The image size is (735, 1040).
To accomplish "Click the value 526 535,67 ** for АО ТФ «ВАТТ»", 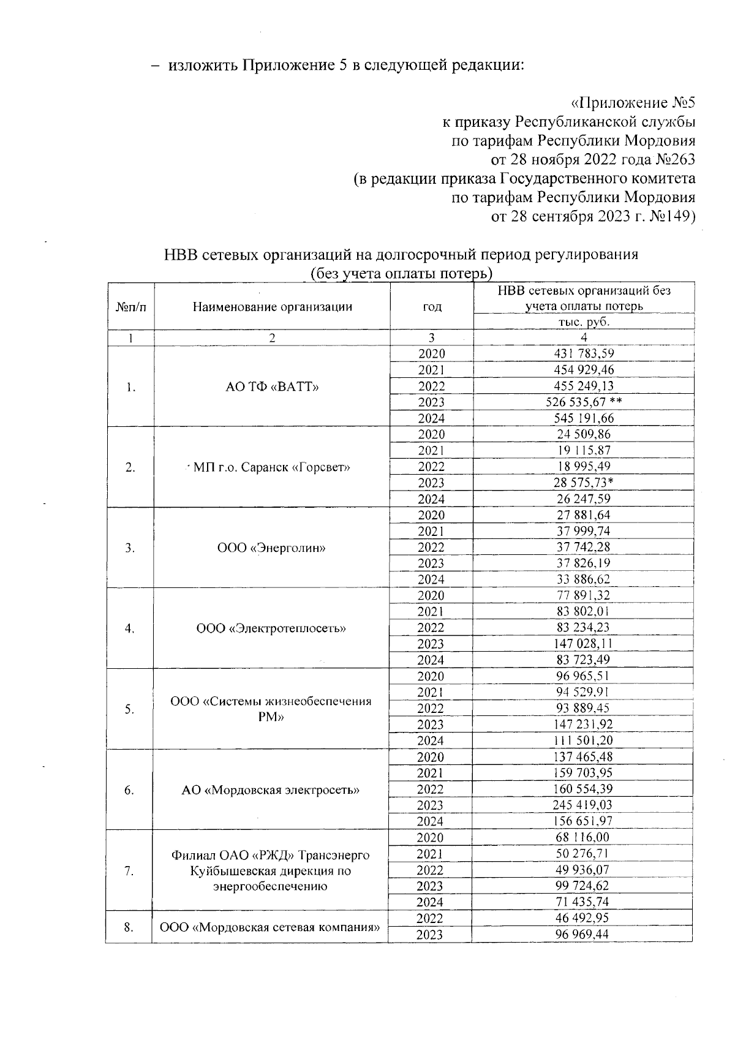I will [584, 402].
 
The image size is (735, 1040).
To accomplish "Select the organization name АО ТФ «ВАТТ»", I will [272, 386].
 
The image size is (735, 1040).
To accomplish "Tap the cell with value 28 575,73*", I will [584, 483].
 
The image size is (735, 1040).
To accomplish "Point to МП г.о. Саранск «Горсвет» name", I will [271, 467].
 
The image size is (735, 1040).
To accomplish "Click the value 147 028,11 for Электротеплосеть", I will [584, 644].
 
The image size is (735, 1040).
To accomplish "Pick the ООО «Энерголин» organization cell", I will [271, 548].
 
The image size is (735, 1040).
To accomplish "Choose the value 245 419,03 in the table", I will [584, 805].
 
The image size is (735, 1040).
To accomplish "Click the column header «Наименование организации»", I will [272, 307].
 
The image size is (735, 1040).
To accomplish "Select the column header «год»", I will [432, 307].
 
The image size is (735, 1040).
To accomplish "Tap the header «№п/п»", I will [130, 307].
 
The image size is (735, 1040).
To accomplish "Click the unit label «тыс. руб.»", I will [584, 322].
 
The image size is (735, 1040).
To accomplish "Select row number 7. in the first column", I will [129, 870].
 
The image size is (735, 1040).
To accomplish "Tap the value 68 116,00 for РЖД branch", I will [584, 837].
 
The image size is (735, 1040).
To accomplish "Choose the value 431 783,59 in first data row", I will [584, 353].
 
